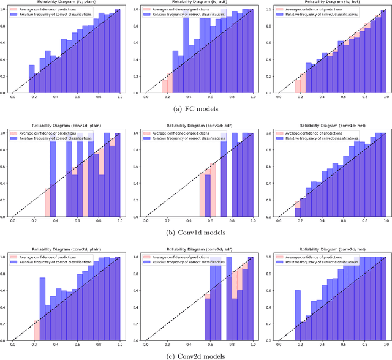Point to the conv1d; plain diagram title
66,128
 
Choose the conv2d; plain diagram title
66,252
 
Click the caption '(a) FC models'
196,109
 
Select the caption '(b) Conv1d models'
196,233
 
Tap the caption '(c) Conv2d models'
196,356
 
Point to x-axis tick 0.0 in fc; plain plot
13,97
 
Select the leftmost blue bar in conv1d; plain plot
53,184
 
